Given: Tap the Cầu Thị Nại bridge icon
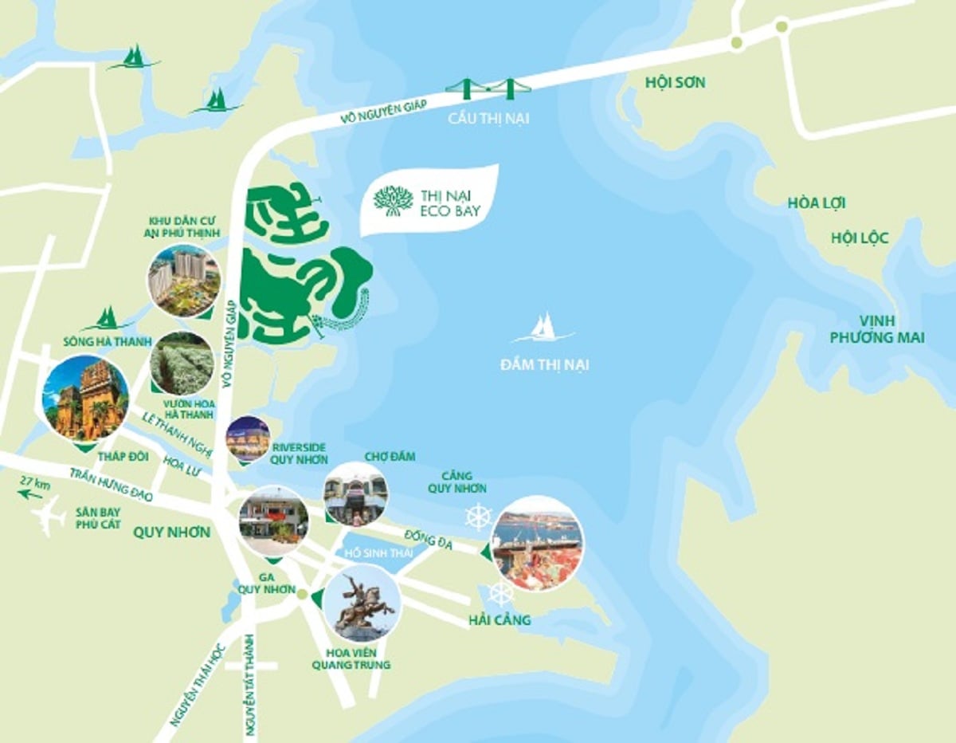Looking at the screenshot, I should pyautogui.click(x=488, y=88).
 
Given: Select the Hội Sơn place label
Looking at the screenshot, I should pyautogui.click(x=676, y=82).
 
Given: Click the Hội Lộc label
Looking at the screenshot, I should pyautogui.click(x=859, y=238).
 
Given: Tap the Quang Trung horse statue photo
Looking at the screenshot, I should pyautogui.click(x=362, y=603).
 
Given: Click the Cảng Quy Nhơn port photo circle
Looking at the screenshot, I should pyautogui.click(x=537, y=543).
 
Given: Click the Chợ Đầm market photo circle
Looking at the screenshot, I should pyautogui.click(x=356, y=494).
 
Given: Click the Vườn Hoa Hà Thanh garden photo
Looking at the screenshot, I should pyautogui.click(x=182, y=364).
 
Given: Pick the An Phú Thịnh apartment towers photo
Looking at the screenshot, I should pyautogui.click(x=184, y=280).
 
